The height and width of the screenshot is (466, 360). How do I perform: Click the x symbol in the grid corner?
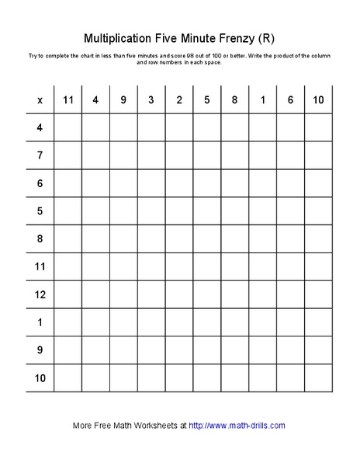(x=40, y=99)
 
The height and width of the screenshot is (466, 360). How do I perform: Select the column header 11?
(x=67, y=99)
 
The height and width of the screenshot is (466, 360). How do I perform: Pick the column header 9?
(x=123, y=99)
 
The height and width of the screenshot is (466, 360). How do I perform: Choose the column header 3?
(x=151, y=99)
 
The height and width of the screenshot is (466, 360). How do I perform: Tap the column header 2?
(x=179, y=99)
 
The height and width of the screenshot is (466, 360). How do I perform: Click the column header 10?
(x=318, y=99)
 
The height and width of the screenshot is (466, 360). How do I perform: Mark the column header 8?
(x=235, y=99)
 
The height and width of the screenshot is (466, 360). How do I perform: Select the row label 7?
(x=40, y=155)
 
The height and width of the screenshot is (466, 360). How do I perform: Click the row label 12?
(x=40, y=295)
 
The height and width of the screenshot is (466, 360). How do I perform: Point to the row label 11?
(x=40, y=267)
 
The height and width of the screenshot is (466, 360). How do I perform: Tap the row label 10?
(x=40, y=379)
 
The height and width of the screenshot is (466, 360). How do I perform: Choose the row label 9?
(x=40, y=351)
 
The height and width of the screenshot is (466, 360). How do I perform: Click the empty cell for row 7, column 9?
(x=123, y=155)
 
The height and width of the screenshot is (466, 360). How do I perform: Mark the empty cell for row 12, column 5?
(x=207, y=295)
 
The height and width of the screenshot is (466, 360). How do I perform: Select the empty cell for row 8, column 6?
(x=290, y=239)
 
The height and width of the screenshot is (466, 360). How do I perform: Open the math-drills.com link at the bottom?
(x=237, y=425)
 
